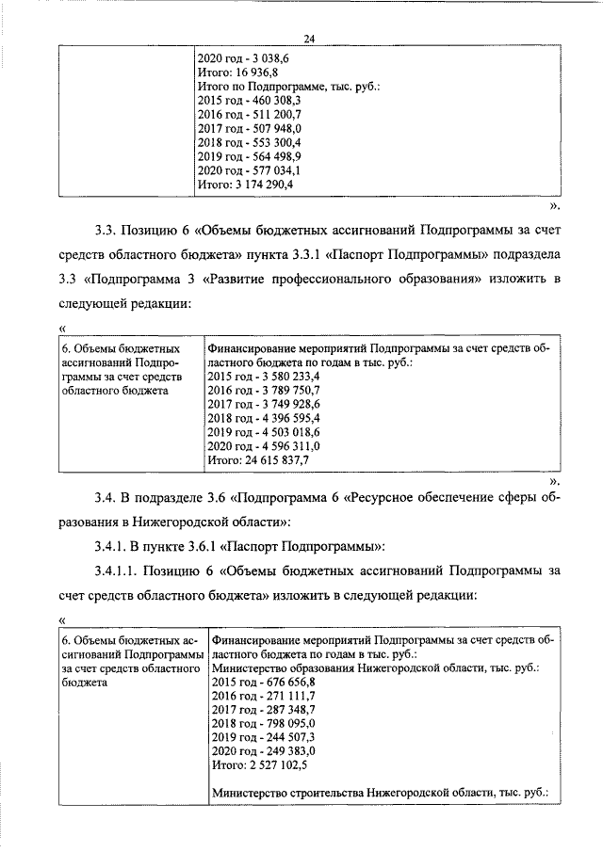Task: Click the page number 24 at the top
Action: (308, 38)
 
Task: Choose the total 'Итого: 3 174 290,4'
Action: (246, 185)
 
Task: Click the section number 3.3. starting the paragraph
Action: (108, 229)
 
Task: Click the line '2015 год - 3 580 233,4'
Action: (263, 377)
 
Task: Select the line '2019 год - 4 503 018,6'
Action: (263, 433)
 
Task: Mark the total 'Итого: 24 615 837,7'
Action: (257, 461)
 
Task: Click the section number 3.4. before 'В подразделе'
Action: (108, 495)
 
